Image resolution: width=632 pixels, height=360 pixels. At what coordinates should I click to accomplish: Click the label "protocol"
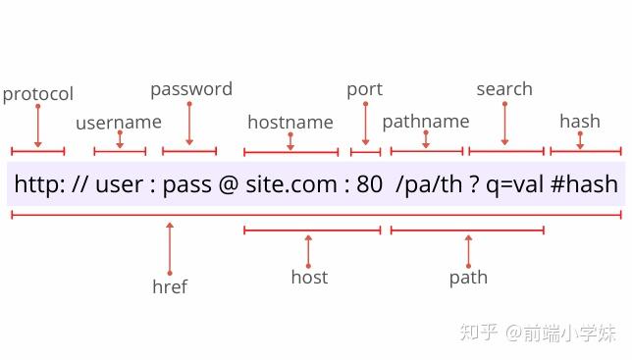[38, 94]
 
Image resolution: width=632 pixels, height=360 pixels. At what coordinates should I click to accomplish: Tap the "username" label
[119, 123]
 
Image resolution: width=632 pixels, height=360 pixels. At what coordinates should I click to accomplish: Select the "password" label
[191, 89]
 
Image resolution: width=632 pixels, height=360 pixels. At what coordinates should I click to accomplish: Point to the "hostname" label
[290, 123]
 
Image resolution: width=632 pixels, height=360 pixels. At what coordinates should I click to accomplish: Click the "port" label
[364, 89]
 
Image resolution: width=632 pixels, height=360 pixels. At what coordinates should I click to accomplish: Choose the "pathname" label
[426, 122]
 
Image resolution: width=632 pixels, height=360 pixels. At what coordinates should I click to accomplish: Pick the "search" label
[504, 89]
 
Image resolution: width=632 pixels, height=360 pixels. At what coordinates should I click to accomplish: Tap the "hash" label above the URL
[580, 122]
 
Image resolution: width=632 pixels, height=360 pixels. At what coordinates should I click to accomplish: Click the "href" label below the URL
[170, 286]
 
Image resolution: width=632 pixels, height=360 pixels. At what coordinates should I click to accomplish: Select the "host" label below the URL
[309, 278]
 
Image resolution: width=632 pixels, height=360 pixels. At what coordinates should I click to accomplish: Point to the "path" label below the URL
[468, 278]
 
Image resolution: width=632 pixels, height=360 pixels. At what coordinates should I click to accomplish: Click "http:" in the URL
[39, 184]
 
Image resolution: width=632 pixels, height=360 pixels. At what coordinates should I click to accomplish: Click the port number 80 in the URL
[370, 184]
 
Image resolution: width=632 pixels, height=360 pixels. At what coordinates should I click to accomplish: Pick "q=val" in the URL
[519, 184]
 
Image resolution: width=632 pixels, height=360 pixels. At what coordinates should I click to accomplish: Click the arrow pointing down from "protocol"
[38, 126]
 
